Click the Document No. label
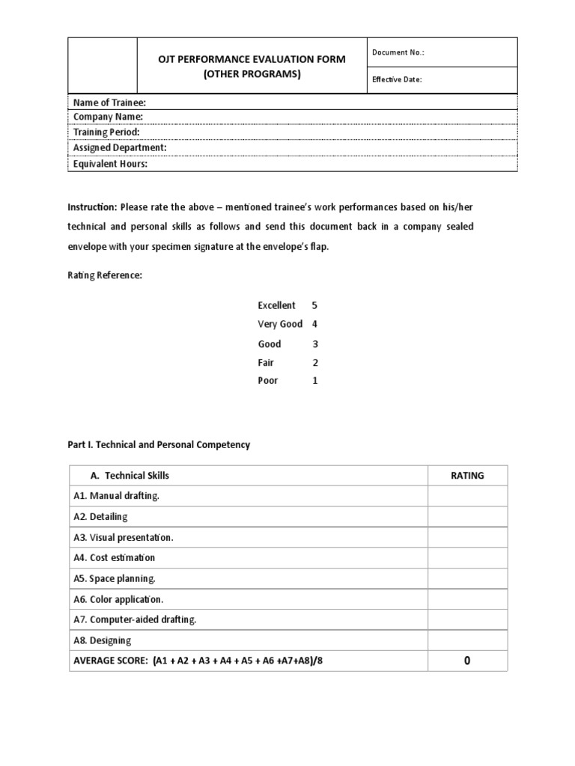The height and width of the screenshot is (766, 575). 398,52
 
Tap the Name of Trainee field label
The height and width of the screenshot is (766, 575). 109,102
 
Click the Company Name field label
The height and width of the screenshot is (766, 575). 108,117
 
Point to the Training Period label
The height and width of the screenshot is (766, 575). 106,132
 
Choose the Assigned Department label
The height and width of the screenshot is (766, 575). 120,148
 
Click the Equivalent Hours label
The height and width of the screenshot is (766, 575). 110,164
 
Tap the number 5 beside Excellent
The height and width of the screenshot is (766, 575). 314,305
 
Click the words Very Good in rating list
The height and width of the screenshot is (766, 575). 279,324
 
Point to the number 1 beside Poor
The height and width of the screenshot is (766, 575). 314,381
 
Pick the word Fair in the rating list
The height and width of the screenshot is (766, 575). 267,362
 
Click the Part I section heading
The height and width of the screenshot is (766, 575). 159,444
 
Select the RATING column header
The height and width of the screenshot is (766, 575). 467,476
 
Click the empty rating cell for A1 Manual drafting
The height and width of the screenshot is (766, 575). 467,496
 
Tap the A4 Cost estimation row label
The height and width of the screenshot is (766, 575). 115,558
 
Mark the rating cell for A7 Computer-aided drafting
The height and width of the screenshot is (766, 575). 467,620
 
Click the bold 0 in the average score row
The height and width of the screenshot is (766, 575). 467,661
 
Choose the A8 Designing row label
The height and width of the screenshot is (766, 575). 103,641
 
